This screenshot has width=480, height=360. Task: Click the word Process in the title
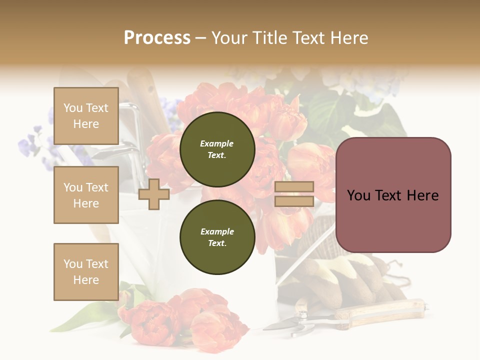pyautogui.click(x=157, y=38)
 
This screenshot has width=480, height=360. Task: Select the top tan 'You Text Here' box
pyautogui.click(x=86, y=116)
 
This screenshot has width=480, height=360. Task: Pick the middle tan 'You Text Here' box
pyautogui.click(x=86, y=195)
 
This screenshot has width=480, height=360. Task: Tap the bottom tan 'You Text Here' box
pyautogui.click(x=86, y=271)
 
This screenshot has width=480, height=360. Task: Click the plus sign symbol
pyautogui.click(x=154, y=194)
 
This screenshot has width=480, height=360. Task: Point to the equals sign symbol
pyautogui.click(x=294, y=194)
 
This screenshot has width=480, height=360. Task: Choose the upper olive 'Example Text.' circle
pyautogui.click(x=217, y=149)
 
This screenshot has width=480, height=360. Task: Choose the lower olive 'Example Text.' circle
pyautogui.click(x=217, y=237)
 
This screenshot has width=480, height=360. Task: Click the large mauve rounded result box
pyautogui.click(x=393, y=195)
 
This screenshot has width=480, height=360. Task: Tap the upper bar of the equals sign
pyautogui.click(x=294, y=187)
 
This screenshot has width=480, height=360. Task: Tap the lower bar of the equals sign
pyautogui.click(x=294, y=201)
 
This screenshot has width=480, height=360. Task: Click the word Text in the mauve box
pyautogui.click(x=393, y=195)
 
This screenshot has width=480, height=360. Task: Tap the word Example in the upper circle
pyautogui.click(x=216, y=143)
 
